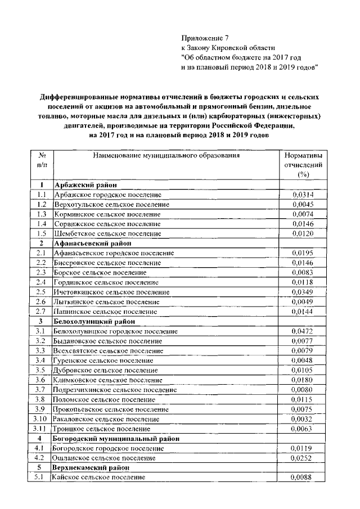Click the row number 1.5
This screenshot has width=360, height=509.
tap(41, 233)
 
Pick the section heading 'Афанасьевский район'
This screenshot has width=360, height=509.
tap(93, 243)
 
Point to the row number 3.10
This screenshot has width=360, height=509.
tap(40, 418)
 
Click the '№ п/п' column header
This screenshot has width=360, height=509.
tap(41, 160)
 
